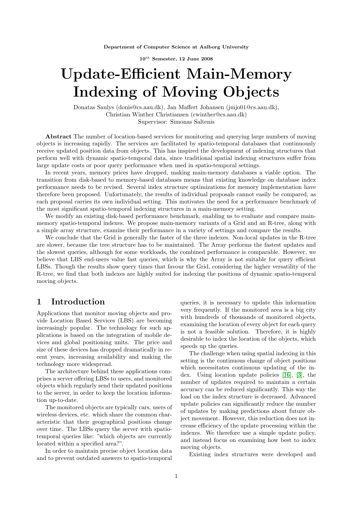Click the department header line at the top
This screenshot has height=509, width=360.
tap(176, 47)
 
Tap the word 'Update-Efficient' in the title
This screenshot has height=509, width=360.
tap(121, 74)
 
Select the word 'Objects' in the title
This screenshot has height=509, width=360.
tap(251, 92)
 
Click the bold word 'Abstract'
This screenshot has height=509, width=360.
tap(59, 136)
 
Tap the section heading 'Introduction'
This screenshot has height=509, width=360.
tap(78, 302)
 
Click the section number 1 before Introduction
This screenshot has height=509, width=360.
tap(39, 302)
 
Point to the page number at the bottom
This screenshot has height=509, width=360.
tap(176, 476)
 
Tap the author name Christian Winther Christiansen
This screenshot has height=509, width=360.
tap(147, 114)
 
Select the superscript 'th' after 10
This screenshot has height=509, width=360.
tap(147, 58)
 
